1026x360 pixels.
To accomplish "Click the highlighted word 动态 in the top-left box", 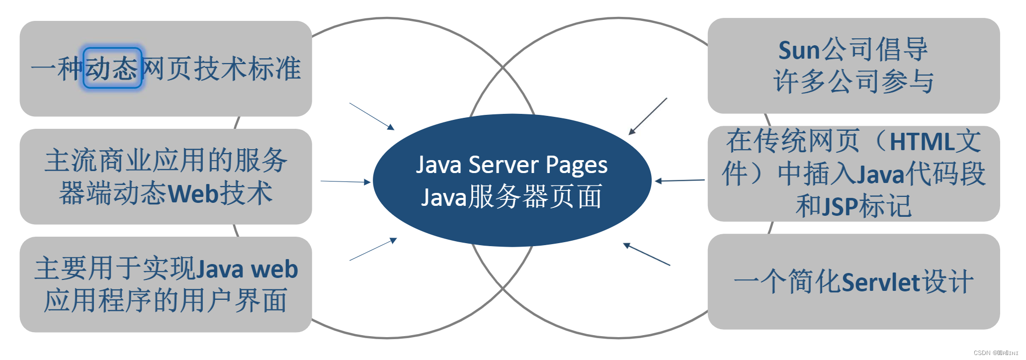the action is coord(112,68).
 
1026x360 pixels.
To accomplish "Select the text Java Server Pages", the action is coord(512,165).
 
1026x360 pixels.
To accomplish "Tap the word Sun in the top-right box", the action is coord(799,50).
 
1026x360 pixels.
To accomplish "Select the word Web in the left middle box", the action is coord(193,193).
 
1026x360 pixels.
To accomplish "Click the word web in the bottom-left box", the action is coord(274,269).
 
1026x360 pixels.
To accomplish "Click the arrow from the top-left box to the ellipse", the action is coord(371,116).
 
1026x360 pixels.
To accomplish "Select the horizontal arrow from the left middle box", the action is coord(345,181).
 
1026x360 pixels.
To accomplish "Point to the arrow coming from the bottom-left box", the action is coord(373,249).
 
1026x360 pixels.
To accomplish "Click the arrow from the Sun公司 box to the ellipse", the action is coord(648,116).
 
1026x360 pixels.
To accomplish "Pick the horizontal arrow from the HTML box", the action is coord(680,180).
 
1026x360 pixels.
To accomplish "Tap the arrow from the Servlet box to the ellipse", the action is coord(647,254).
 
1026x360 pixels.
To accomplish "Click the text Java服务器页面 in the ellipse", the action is coord(512,197).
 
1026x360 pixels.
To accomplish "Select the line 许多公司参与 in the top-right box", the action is coord(854,81).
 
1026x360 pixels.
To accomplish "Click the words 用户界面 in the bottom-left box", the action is coord(234,300).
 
